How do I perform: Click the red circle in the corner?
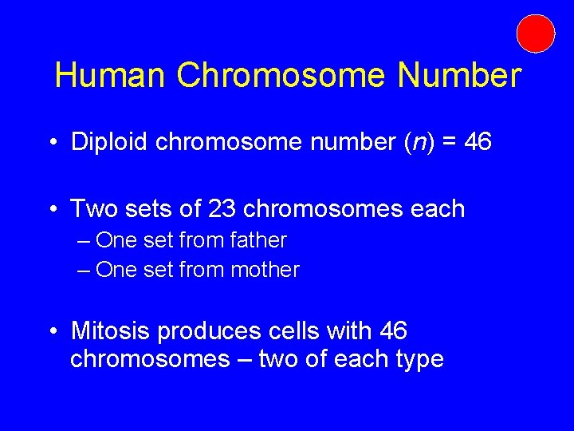(x=536, y=34)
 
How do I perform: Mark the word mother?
(x=265, y=271)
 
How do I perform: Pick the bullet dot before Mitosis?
(x=51, y=330)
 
